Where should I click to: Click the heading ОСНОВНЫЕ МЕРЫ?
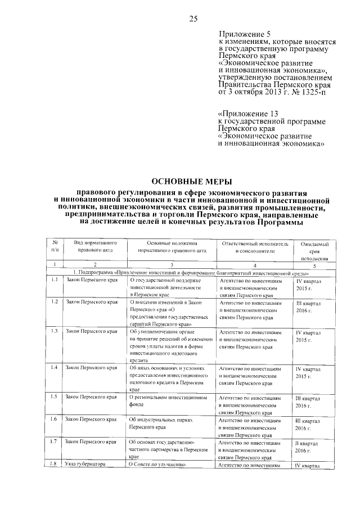click(x=192, y=181)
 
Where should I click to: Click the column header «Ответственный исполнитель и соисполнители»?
click(x=255, y=247)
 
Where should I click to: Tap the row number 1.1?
click(x=55, y=279)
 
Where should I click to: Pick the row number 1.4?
click(x=55, y=367)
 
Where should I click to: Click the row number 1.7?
click(x=55, y=442)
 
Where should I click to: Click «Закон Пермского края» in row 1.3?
click(x=92, y=331)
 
